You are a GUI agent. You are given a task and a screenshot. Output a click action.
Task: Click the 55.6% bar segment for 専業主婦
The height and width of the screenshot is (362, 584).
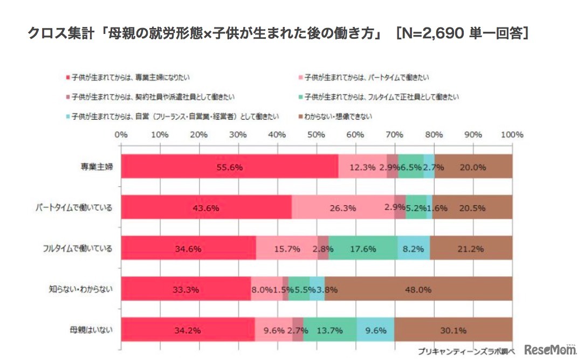(x=229, y=167)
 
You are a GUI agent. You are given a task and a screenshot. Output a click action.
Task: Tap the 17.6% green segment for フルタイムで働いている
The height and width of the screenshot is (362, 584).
(x=363, y=249)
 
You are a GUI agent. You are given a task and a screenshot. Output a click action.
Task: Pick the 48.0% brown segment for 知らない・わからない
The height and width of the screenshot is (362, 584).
(x=418, y=289)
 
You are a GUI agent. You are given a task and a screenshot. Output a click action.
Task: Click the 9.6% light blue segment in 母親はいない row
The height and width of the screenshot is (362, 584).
(x=375, y=330)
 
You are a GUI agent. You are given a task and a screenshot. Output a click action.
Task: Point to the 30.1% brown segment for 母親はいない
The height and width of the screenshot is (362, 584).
(x=453, y=330)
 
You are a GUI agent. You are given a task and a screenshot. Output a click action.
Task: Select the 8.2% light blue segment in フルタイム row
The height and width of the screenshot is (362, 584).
(x=414, y=249)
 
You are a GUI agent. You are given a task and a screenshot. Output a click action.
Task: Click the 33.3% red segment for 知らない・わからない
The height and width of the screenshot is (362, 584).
(x=186, y=289)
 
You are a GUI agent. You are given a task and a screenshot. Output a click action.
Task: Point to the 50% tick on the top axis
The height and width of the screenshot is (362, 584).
(x=317, y=134)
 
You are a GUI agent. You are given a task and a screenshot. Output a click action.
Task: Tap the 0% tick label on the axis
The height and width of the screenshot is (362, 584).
(x=121, y=134)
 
